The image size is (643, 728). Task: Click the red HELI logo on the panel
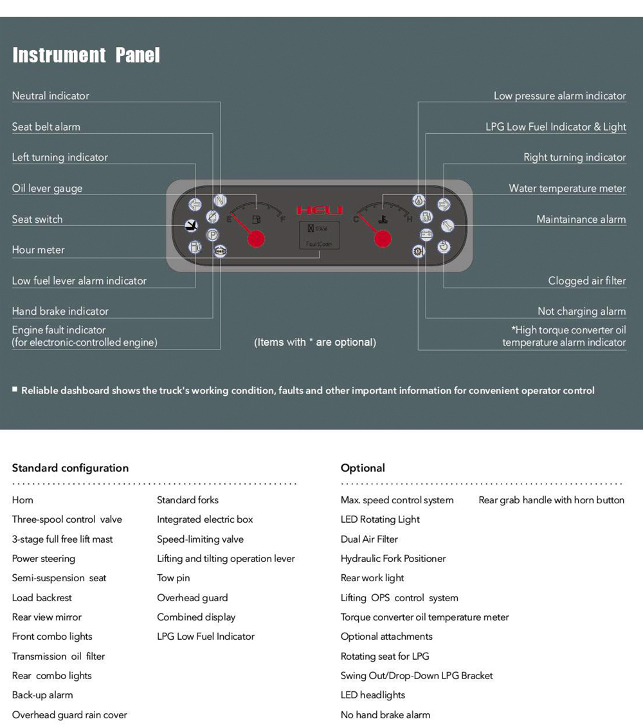point(320,210)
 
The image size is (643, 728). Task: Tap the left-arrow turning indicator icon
point(195,205)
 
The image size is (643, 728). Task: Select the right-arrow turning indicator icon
point(444,205)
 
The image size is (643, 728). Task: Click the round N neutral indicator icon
point(220,200)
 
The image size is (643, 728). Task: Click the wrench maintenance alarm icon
point(448,225)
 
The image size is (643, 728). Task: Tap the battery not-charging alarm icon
point(426,235)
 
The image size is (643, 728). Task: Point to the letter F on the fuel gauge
point(283,219)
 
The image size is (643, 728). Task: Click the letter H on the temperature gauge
point(409,219)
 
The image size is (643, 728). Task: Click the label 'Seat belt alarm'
point(46,127)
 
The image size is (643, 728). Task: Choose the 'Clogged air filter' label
point(586,281)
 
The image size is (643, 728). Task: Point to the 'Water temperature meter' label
point(567,189)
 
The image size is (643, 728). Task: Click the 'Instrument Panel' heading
point(86,55)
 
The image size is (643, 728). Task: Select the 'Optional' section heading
point(363,468)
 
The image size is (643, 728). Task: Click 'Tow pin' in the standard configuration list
point(174,578)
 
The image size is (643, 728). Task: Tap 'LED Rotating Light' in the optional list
point(380,519)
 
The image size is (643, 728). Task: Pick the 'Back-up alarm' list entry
point(42,695)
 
